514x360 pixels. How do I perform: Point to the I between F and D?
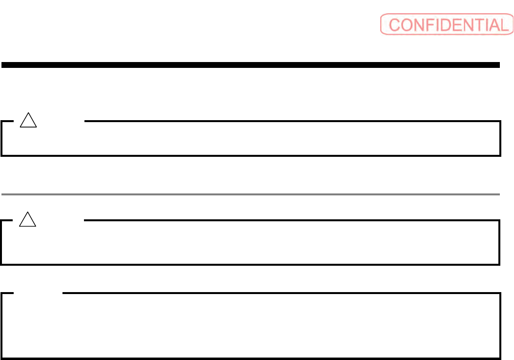[x=432, y=25]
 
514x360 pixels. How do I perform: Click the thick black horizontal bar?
[x=250, y=64]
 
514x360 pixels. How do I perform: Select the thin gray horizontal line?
[x=250, y=194]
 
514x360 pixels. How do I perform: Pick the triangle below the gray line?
[x=28, y=221]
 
